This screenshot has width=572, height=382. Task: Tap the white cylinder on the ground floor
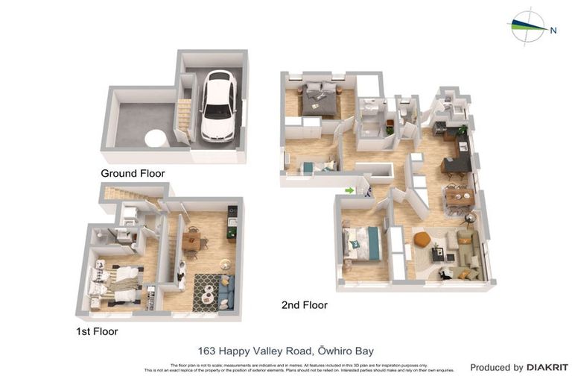pos(156,138)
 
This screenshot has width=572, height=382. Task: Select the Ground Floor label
pos(133,173)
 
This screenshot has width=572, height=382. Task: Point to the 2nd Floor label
pos(304,305)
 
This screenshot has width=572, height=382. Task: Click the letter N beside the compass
pos(553,31)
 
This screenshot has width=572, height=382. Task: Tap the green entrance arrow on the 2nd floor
pos(349,190)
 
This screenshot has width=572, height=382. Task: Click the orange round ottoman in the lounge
pos(422,239)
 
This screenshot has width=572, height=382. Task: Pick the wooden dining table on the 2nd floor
pos(459,197)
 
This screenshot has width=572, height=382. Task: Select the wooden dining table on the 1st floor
pos(191,240)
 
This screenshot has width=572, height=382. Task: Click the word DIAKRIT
pos(547,367)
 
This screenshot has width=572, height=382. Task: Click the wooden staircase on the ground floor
pos(184,115)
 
